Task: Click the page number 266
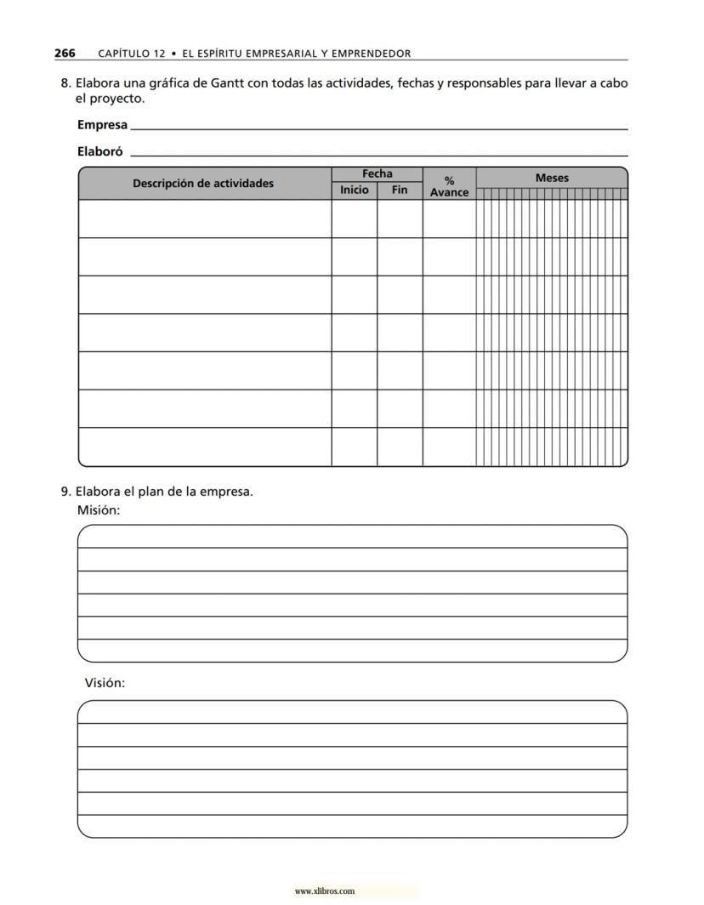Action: [x=65, y=53]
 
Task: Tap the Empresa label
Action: [x=102, y=125]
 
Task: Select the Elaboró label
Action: [x=99, y=152]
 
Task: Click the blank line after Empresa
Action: [x=379, y=128]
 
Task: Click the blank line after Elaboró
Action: [x=379, y=155]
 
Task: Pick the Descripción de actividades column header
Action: [x=203, y=183]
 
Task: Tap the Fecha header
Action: [x=377, y=174]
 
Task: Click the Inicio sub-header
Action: [x=355, y=190]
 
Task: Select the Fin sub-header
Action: [x=400, y=190]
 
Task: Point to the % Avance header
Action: [x=449, y=186]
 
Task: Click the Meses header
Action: [x=552, y=178]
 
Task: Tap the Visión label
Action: [x=105, y=683]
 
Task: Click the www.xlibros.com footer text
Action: [x=324, y=891]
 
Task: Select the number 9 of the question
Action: [x=65, y=492]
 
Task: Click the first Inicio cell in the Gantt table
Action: [x=355, y=219]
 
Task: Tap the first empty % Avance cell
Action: [x=449, y=219]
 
